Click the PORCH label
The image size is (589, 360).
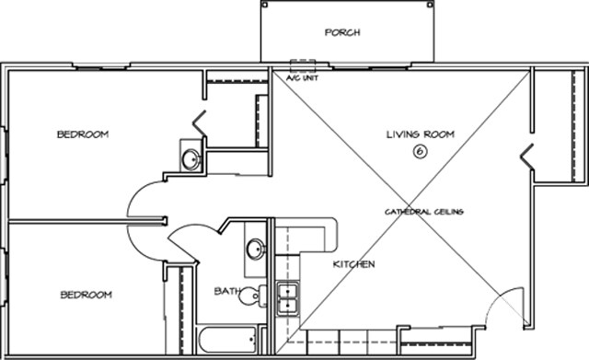point(341,32)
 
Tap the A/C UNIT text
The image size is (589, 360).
point(301,78)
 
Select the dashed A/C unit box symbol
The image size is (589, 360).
point(302,66)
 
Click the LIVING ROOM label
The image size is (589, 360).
point(420,134)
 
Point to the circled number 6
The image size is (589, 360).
point(420,152)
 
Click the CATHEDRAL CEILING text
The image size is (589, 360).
point(423,212)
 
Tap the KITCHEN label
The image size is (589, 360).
point(353,264)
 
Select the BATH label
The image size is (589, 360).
point(226,291)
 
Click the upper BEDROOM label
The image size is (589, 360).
point(83,134)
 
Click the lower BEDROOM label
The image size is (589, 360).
point(87,295)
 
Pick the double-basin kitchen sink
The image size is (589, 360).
point(287,299)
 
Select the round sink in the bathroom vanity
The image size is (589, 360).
point(255,250)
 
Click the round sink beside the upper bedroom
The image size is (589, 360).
point(191,158)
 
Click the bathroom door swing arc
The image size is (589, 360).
point(189,241)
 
